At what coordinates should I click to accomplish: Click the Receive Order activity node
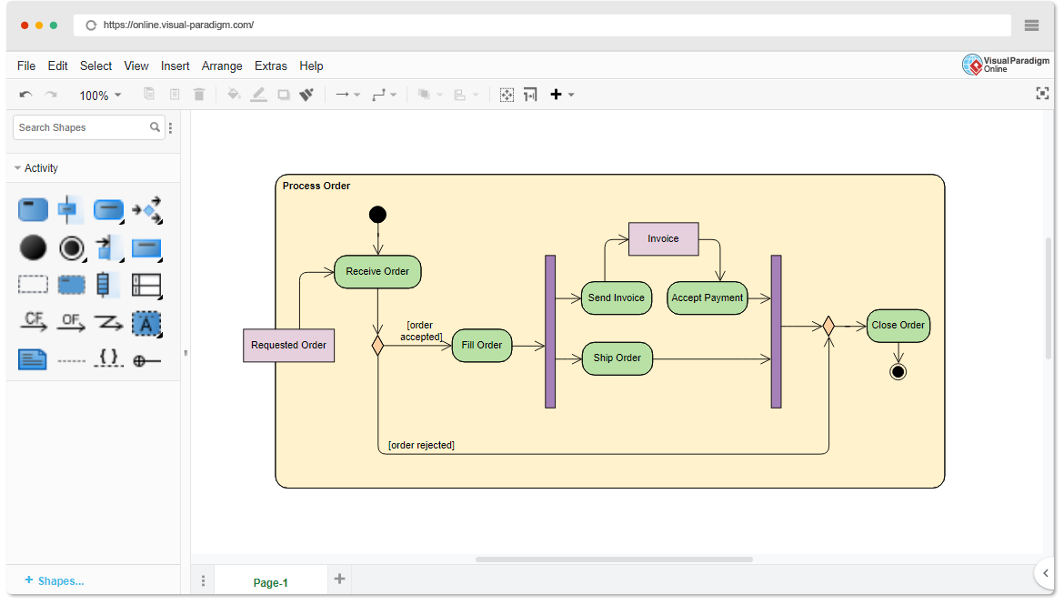coord(377,271)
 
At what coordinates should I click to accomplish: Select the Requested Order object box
coord(288,345)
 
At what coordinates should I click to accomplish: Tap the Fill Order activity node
coord(482,345)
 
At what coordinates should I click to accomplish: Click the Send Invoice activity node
coord(616,297)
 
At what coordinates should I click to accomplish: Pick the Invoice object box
coord(663,238)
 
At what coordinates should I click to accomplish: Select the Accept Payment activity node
coord(707,297)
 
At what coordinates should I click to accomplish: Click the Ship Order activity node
coord(617,358)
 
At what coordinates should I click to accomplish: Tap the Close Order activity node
coord(898,325)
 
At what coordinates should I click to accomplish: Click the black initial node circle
coord(377,215)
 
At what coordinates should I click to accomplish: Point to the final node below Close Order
coord(898,371)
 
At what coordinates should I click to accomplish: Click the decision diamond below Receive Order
coord(377,346)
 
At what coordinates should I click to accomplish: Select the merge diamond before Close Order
coord(828,326)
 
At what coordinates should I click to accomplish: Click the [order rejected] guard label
coord(421,445)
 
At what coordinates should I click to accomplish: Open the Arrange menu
coord(222,66)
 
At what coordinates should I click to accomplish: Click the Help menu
coord(311,66)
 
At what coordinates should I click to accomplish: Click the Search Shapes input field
coord(82,127)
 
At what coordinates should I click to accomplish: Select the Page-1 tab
coord(270,583)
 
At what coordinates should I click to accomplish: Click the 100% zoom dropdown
coord(100,96)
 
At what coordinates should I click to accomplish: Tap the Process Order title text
coord(316,186)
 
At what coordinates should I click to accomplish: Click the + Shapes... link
coord(55,580)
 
